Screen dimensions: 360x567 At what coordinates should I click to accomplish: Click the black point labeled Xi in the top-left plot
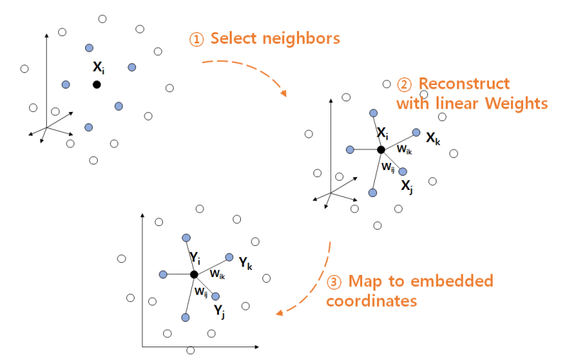coord(96,84)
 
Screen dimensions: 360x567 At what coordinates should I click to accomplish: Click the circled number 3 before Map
coord(335,281)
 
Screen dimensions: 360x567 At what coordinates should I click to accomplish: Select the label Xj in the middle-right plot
coord(406,186)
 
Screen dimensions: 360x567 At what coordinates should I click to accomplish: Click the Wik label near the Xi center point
coord(403,150)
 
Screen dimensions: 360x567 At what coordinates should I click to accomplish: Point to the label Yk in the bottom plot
coord(245,264)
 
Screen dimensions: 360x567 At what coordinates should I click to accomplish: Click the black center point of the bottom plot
coord(193,274)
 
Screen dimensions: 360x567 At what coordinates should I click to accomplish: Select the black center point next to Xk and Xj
coord(381,150)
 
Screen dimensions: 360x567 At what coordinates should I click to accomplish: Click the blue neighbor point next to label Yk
coord(229,257)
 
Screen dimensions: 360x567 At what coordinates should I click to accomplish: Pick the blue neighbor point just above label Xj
coord(403,171)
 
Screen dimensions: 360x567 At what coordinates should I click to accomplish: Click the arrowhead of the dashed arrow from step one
coord(284,94)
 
